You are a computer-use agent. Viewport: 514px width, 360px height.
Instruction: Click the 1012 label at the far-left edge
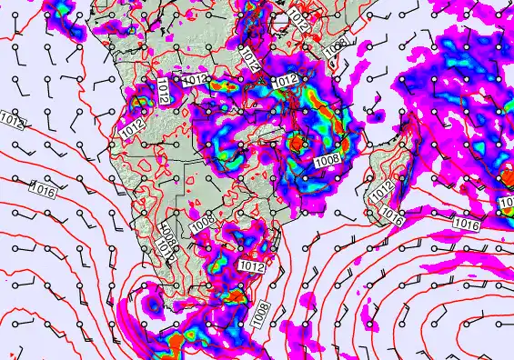[11, 119]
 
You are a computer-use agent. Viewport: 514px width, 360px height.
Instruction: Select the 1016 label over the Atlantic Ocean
[43, 191]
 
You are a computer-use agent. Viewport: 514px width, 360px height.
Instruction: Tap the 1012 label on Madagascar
[382, 188]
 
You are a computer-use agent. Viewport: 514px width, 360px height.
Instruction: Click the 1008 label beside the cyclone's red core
[328, 160]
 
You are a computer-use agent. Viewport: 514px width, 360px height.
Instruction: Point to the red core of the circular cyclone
[297, 143]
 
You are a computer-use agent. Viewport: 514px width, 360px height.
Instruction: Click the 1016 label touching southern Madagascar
[393, 215]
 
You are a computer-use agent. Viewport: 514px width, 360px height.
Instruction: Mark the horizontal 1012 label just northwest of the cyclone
[285, 81]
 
